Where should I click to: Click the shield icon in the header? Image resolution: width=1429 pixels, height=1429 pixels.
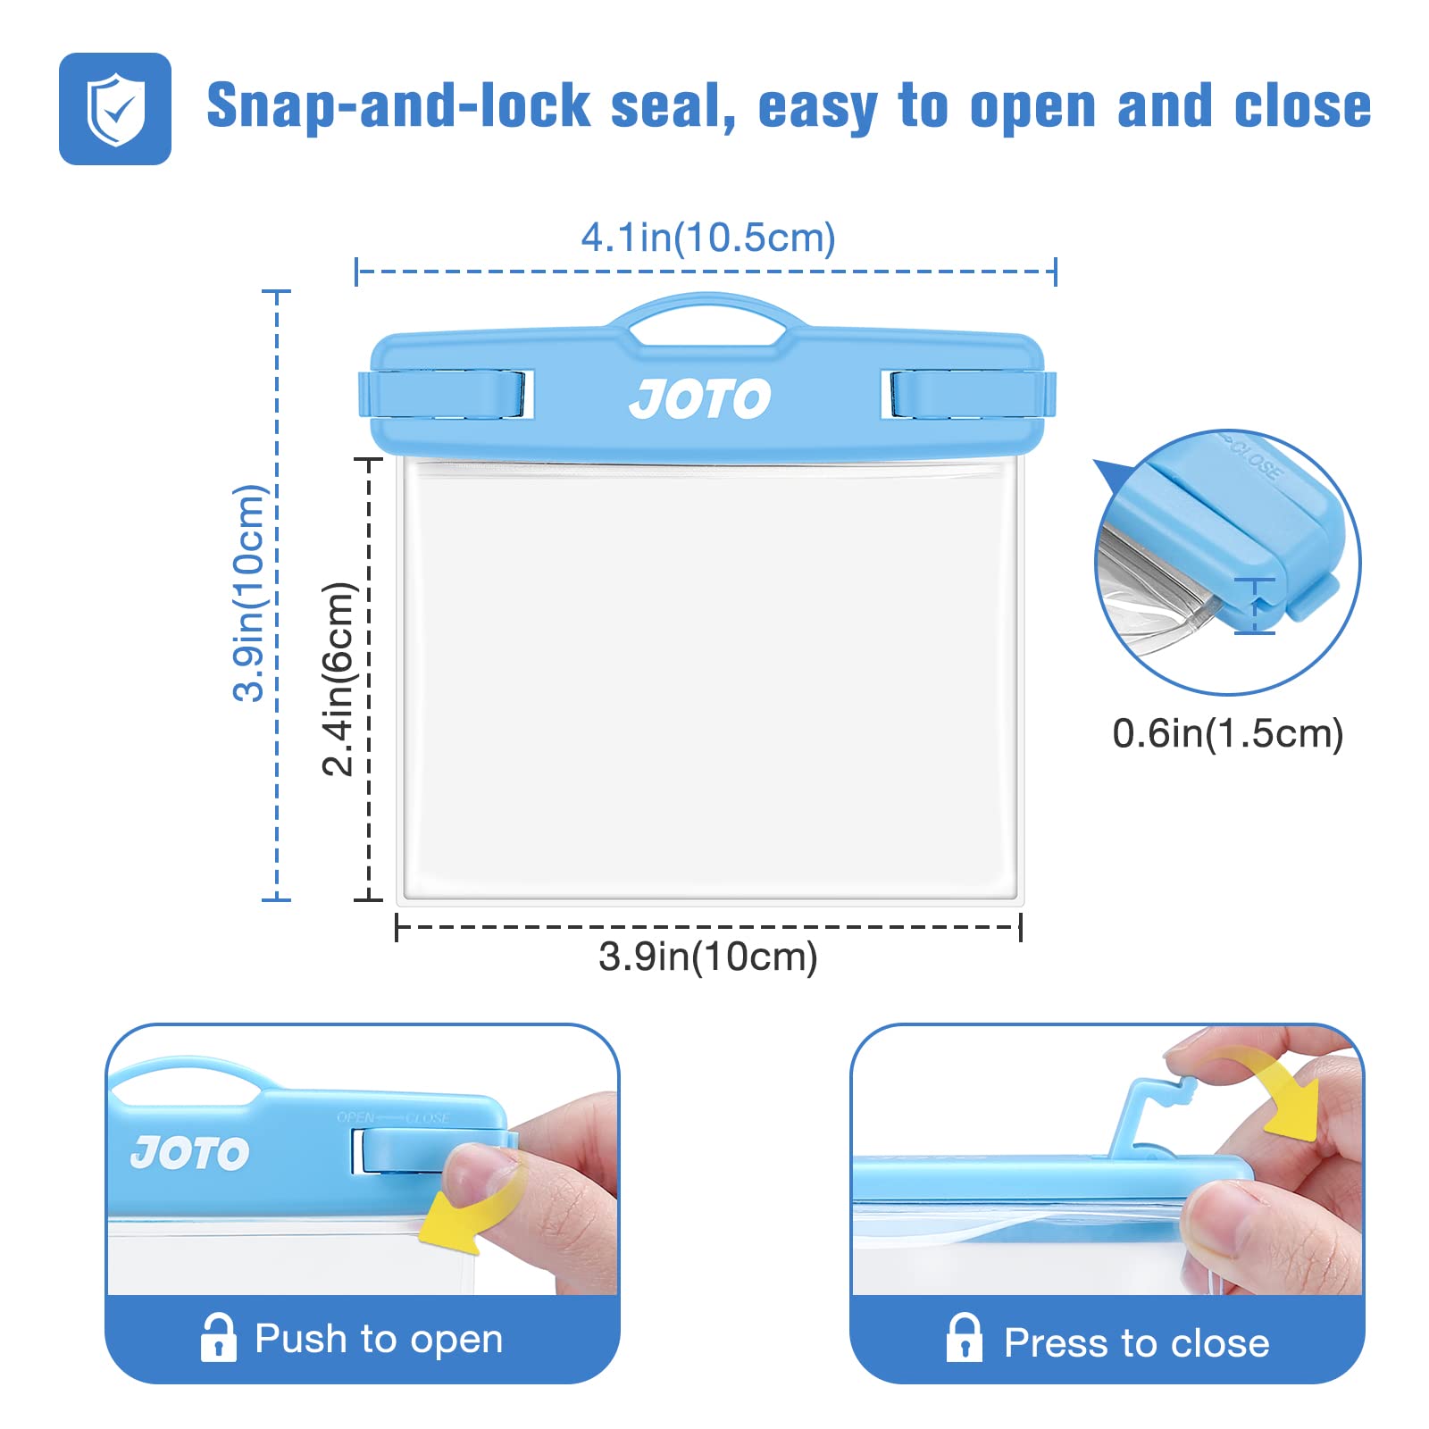tap(115, 109)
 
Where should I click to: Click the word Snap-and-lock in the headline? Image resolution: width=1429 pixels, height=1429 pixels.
tap(398, 106)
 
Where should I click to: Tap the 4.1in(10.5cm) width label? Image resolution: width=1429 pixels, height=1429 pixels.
tap(708, 238)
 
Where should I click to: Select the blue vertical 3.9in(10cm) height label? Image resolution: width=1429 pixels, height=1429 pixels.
tap(249, 593)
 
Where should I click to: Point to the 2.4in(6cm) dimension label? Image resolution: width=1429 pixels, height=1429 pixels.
tap(339, 679)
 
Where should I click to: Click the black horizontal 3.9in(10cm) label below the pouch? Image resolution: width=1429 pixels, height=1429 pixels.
tap(708, 957)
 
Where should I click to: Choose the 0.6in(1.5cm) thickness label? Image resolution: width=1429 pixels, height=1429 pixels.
tap(1228, 733)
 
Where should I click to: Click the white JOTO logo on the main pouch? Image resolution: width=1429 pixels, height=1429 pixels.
tap(700, 398)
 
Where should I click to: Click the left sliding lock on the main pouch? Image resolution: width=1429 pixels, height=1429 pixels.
tap(447, 394)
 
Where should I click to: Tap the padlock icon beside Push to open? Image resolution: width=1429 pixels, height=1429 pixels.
tap(219, 1337)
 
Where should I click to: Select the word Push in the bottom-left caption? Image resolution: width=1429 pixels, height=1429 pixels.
tap(301, 1339)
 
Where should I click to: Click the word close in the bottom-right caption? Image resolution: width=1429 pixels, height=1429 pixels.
tap(1221, 1342)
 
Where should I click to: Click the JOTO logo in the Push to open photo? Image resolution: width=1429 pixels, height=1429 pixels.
tap(190, 1153)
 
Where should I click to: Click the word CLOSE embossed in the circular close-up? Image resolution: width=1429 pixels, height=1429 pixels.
tap(1254, 457)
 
